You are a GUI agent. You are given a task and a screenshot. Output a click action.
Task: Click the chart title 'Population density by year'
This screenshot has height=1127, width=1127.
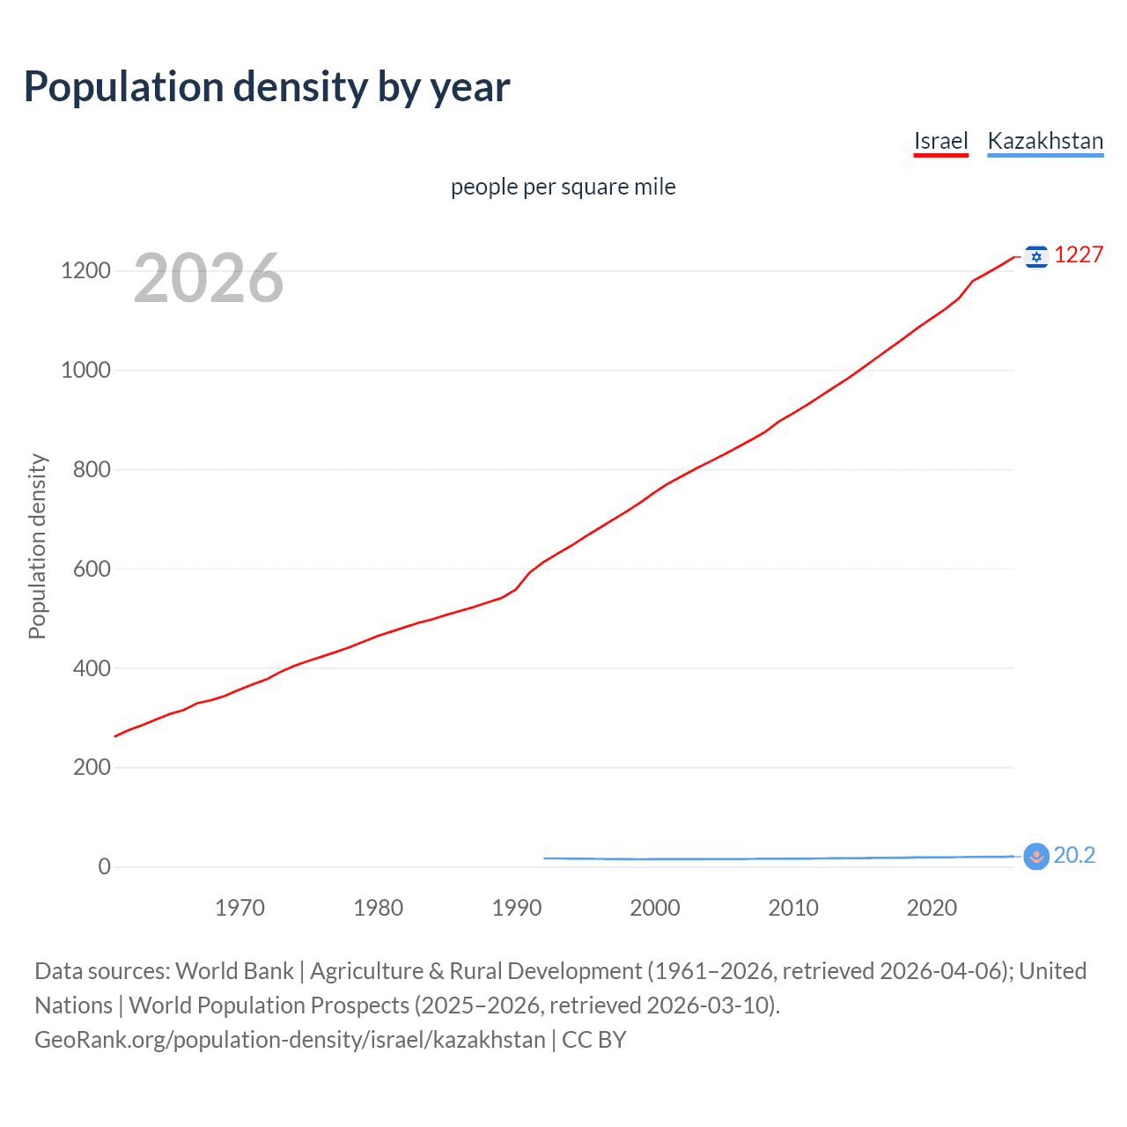pos(267,87)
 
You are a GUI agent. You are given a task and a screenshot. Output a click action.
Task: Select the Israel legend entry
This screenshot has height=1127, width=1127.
pos(940,141)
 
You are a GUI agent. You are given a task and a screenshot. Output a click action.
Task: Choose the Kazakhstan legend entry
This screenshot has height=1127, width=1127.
pos(1045,141)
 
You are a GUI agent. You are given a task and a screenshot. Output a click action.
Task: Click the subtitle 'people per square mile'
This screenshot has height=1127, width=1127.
pos(563,187)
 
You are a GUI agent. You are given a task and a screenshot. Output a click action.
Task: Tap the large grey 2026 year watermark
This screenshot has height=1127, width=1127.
pos(209,278)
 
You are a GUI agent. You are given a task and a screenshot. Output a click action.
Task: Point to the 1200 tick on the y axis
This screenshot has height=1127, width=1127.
pos(85,270)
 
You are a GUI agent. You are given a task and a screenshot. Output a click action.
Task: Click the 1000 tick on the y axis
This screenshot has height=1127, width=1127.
pos(85,370)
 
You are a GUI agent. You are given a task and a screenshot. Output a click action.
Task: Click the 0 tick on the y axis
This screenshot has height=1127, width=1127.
pos(105,866)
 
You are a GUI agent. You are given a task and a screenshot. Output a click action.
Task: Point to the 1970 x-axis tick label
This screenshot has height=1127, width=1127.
pos(239,908)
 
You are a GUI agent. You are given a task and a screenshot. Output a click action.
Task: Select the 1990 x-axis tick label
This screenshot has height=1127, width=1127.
pos(517,908)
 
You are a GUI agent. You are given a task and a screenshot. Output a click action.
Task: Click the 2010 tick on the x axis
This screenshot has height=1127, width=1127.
pos(793,908)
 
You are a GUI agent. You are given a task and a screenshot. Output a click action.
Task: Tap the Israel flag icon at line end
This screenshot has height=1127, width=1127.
pos(1036,256)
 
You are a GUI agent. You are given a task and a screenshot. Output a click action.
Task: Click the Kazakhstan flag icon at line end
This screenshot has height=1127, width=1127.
pos(1036,856)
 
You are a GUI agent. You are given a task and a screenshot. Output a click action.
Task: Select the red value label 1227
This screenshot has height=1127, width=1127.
pos(1079,254)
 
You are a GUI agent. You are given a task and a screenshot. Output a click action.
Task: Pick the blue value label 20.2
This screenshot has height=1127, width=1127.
pos(1074,855)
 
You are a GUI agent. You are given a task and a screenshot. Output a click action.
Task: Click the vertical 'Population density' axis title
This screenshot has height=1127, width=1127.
pos(37,546)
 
